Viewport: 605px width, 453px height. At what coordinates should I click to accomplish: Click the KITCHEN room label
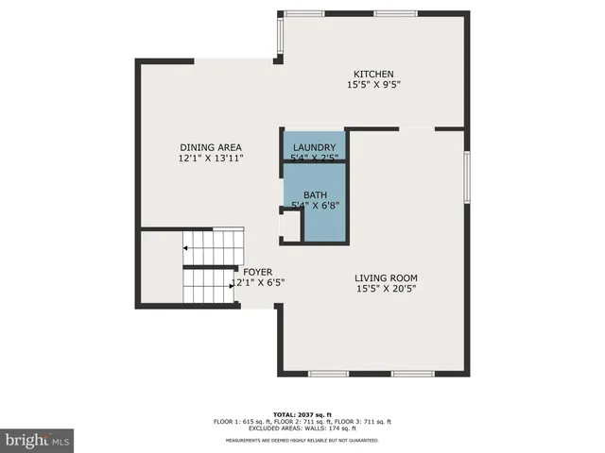point(373,75)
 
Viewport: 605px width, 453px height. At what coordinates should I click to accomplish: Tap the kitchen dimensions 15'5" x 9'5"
point(373,85)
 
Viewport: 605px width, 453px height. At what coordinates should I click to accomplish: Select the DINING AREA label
point(211,147)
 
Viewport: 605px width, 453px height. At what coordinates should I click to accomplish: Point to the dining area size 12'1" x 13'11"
point(211,159)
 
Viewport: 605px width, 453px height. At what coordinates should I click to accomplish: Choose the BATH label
point(315,194)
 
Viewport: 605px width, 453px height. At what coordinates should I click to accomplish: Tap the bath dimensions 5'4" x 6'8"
point(315,205)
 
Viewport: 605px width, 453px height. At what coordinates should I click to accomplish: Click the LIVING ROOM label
point(386,277)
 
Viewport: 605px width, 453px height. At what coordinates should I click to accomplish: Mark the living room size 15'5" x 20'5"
point(386,289)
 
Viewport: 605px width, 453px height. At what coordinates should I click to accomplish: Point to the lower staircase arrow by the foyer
point(233,282)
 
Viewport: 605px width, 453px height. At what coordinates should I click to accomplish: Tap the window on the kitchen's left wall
point(279,35)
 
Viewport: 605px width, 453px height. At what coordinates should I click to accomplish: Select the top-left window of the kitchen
point(304,13)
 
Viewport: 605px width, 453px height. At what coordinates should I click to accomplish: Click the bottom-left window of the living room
point(328,375)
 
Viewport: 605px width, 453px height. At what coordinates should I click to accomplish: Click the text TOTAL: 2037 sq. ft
point(302,414)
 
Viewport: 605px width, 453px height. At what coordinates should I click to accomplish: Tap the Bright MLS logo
point(38,440)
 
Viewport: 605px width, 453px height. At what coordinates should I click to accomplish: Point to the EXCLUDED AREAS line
point(302,428)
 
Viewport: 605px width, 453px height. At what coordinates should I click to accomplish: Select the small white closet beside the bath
point(290,226)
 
